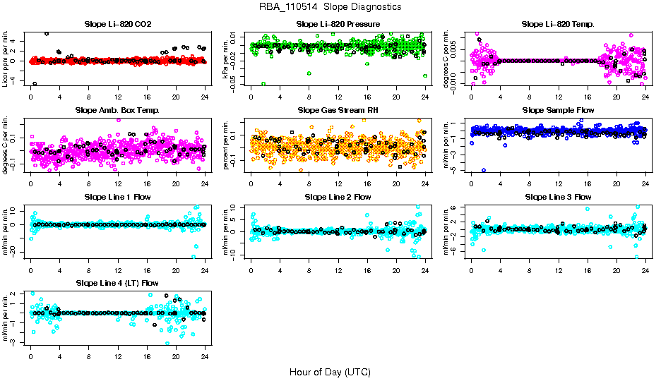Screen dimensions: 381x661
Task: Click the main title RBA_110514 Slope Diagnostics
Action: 330,6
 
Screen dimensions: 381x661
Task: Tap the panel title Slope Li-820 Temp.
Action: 558,25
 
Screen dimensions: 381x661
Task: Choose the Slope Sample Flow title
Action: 558,111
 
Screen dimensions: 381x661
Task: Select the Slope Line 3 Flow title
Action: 558,197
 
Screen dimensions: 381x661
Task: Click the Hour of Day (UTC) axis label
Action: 330,371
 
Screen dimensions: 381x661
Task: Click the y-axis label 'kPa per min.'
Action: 226,59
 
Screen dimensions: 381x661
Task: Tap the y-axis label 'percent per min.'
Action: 226,145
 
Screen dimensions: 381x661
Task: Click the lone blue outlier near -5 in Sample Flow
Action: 484,170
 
